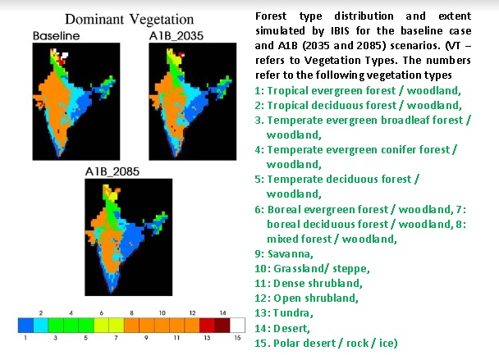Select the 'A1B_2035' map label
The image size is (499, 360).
coord(176,37)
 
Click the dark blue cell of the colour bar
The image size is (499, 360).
coord(26,325)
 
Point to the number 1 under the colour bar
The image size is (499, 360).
coord(26,338)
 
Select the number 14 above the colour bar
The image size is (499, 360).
coord(221,312)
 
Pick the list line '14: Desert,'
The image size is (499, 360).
coord(286,327)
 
